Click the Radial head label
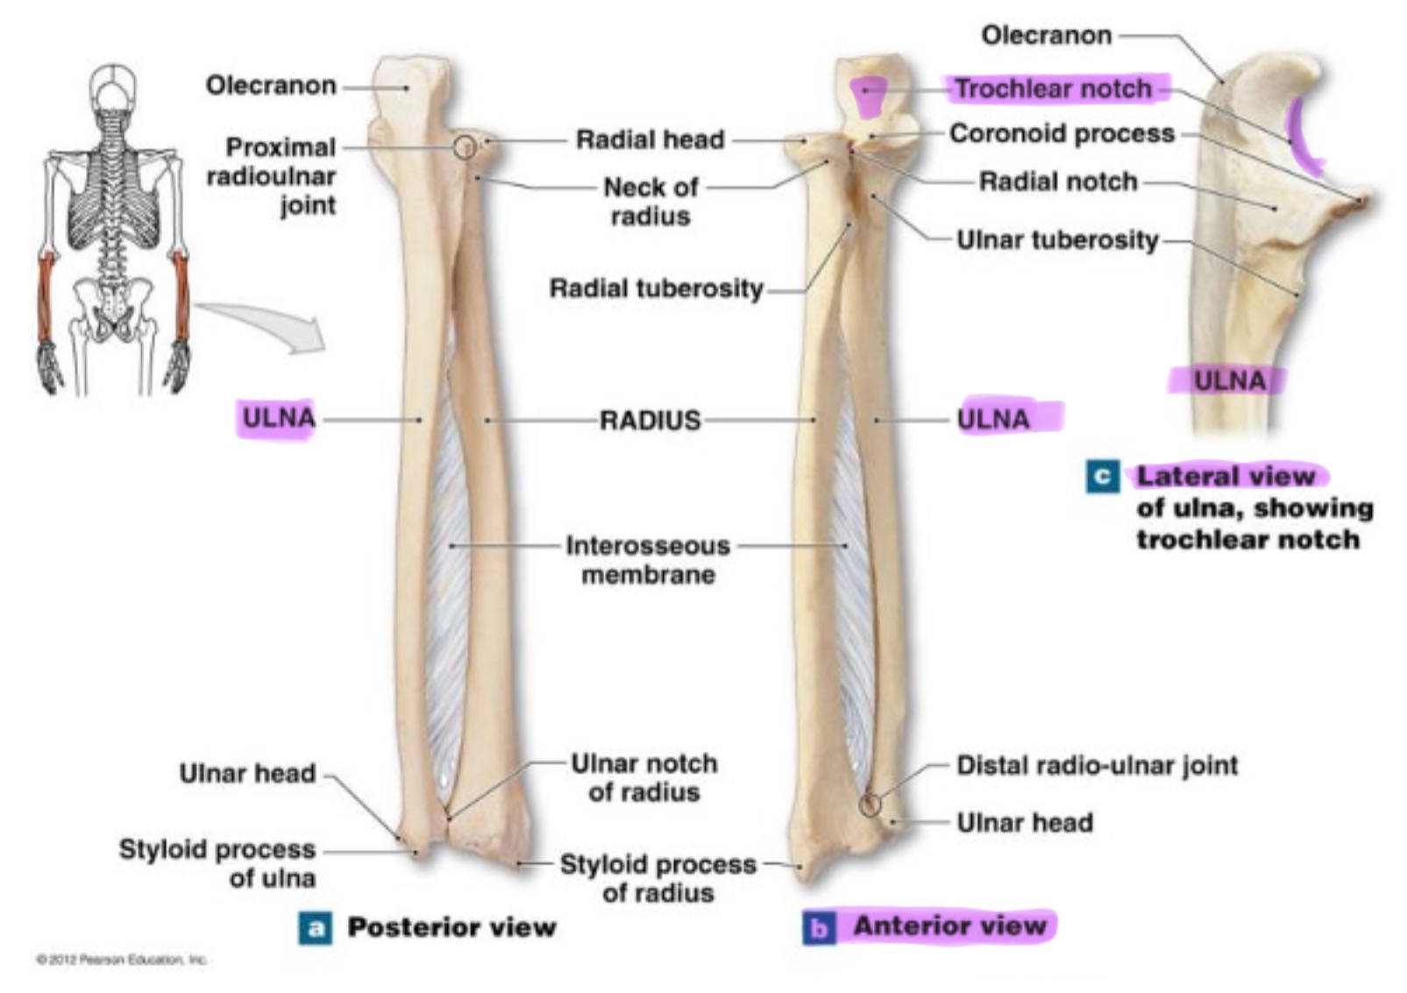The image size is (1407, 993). coord(650,139)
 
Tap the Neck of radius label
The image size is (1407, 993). coord(650,201)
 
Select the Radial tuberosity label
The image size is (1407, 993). coord(656,288)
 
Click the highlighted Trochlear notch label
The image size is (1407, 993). coord(1052,89)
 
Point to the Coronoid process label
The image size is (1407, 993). coord(1062,133)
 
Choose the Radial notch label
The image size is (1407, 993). coord(1057,181)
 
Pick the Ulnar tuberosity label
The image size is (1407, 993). coord(1057,239)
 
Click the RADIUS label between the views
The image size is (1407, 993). coord(650,421)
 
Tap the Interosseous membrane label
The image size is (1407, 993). coord(648,560)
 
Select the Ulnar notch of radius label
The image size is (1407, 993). coord(644,777)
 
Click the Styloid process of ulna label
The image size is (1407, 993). coord(217,863)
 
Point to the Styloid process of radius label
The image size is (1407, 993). coord(657,878)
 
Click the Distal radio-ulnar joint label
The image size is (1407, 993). coord(1097,765)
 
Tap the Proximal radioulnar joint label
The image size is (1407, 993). coord(272,175)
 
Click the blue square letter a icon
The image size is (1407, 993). coord(315,928)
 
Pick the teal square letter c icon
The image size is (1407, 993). coord(1102,477)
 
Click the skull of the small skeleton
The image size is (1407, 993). coord(113,86)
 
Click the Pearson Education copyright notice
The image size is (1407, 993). coord(121,960)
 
